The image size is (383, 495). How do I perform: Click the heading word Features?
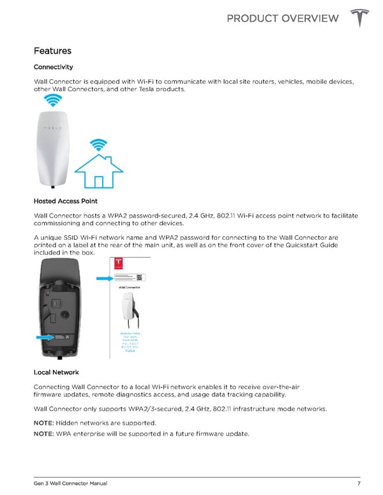[x=52, y=50]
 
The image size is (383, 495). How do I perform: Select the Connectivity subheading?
[x=53, y=67]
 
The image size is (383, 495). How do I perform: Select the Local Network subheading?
[x=58, y=371]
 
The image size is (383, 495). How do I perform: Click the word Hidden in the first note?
[x=67, y=423]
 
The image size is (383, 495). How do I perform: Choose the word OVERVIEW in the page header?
[x=308, y=18]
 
